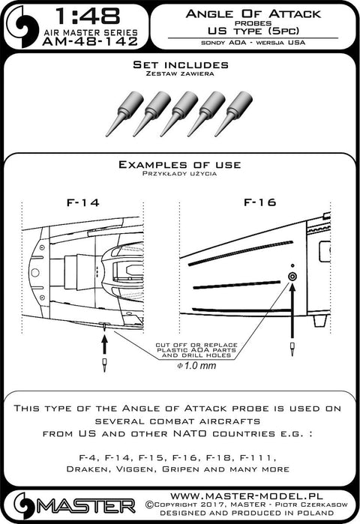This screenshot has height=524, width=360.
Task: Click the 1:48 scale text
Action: coord(87,16)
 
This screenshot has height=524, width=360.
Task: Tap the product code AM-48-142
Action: coord(90,41)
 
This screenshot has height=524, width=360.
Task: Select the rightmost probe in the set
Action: coord(233,114)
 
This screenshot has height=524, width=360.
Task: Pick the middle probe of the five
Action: coord(178,114)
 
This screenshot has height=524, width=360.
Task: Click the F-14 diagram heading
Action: coord(83,202)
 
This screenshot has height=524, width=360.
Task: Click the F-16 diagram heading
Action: coord(259,202)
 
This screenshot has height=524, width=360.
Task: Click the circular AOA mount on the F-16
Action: coord(292,277)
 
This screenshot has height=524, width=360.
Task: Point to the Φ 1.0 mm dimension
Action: coord(196,366)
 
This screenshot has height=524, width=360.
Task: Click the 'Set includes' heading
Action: coord(181,64)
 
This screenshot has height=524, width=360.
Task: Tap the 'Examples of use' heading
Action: coord(179,165)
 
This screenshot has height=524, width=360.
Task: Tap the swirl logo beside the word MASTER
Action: coord(25,505)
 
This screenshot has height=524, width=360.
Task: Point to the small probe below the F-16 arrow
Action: coord(292,349)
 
